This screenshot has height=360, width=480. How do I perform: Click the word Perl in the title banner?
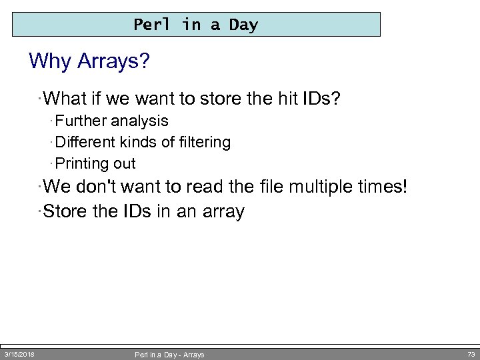tap(151, 25)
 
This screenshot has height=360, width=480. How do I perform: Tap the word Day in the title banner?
tap(243, 25)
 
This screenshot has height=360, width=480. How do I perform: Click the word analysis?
tap(139, 121)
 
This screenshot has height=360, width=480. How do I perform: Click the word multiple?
tap(321, 187)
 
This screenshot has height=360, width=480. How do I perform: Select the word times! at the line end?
tap(383, 187)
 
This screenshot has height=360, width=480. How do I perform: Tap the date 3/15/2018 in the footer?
tap(19, 354)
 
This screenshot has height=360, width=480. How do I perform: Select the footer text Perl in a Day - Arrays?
tap(169, 355)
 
